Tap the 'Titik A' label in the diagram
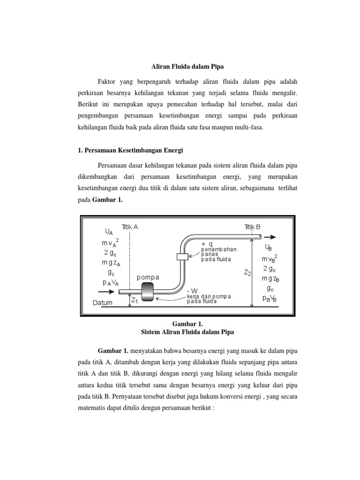[130, 226]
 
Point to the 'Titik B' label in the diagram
[252, 226]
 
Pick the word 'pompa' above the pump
[149, 277]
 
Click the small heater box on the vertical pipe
[182, 256]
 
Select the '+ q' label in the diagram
[207, 244]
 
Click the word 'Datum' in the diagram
[102, 303]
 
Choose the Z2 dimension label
[247, 273]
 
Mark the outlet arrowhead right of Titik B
[273, 237]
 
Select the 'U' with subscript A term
[108, 232]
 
